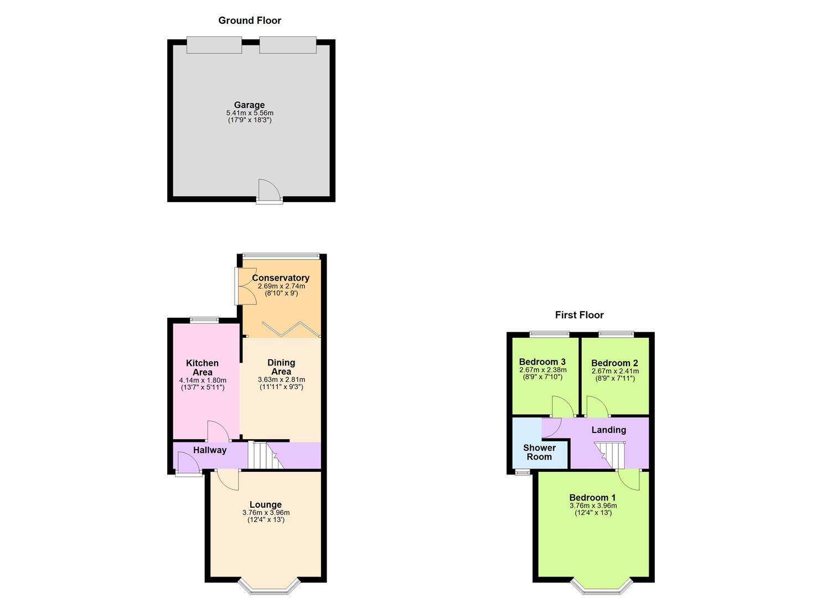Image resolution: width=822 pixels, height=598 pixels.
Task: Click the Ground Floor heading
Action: click(x=250, y=20)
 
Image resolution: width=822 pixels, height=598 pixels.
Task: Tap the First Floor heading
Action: click(x=579, y=315)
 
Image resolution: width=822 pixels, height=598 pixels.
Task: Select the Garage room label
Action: click(x=249, y=105)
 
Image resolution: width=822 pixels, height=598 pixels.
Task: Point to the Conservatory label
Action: click(x=281, y=278)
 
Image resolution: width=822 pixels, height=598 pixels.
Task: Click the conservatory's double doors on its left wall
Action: click(x=244, y=286)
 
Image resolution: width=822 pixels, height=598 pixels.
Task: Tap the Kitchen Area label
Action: click(x=202, y=368)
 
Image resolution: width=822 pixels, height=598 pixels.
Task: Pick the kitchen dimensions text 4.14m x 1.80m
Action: click(x=203, y=380)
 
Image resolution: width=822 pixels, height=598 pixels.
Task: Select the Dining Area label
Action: click(x=281, y=367)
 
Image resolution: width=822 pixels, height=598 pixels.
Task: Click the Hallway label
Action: click(x=210, y=450)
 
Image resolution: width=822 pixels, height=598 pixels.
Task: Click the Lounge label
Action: click(x=266, y=504)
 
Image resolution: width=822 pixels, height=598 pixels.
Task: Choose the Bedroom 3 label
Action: click(x=542, y=362)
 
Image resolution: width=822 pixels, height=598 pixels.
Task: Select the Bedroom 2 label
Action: click(x=614, y=363)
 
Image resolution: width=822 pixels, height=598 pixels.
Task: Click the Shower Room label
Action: click(x=539, y=452)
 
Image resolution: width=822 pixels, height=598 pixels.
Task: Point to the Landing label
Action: click(x=609, y=430)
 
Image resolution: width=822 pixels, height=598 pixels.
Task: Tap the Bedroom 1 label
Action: click(x=592, y=497)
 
